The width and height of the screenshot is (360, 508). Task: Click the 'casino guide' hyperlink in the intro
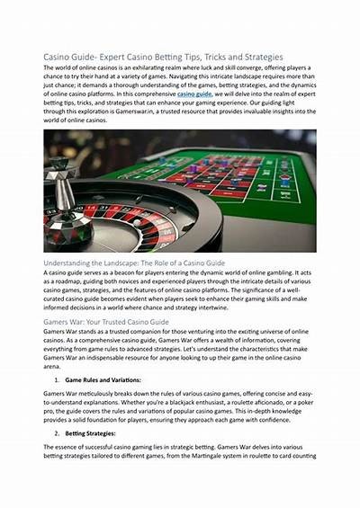tap(195, 93)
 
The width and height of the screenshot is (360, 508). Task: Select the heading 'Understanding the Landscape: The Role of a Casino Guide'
tap(134, 262)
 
